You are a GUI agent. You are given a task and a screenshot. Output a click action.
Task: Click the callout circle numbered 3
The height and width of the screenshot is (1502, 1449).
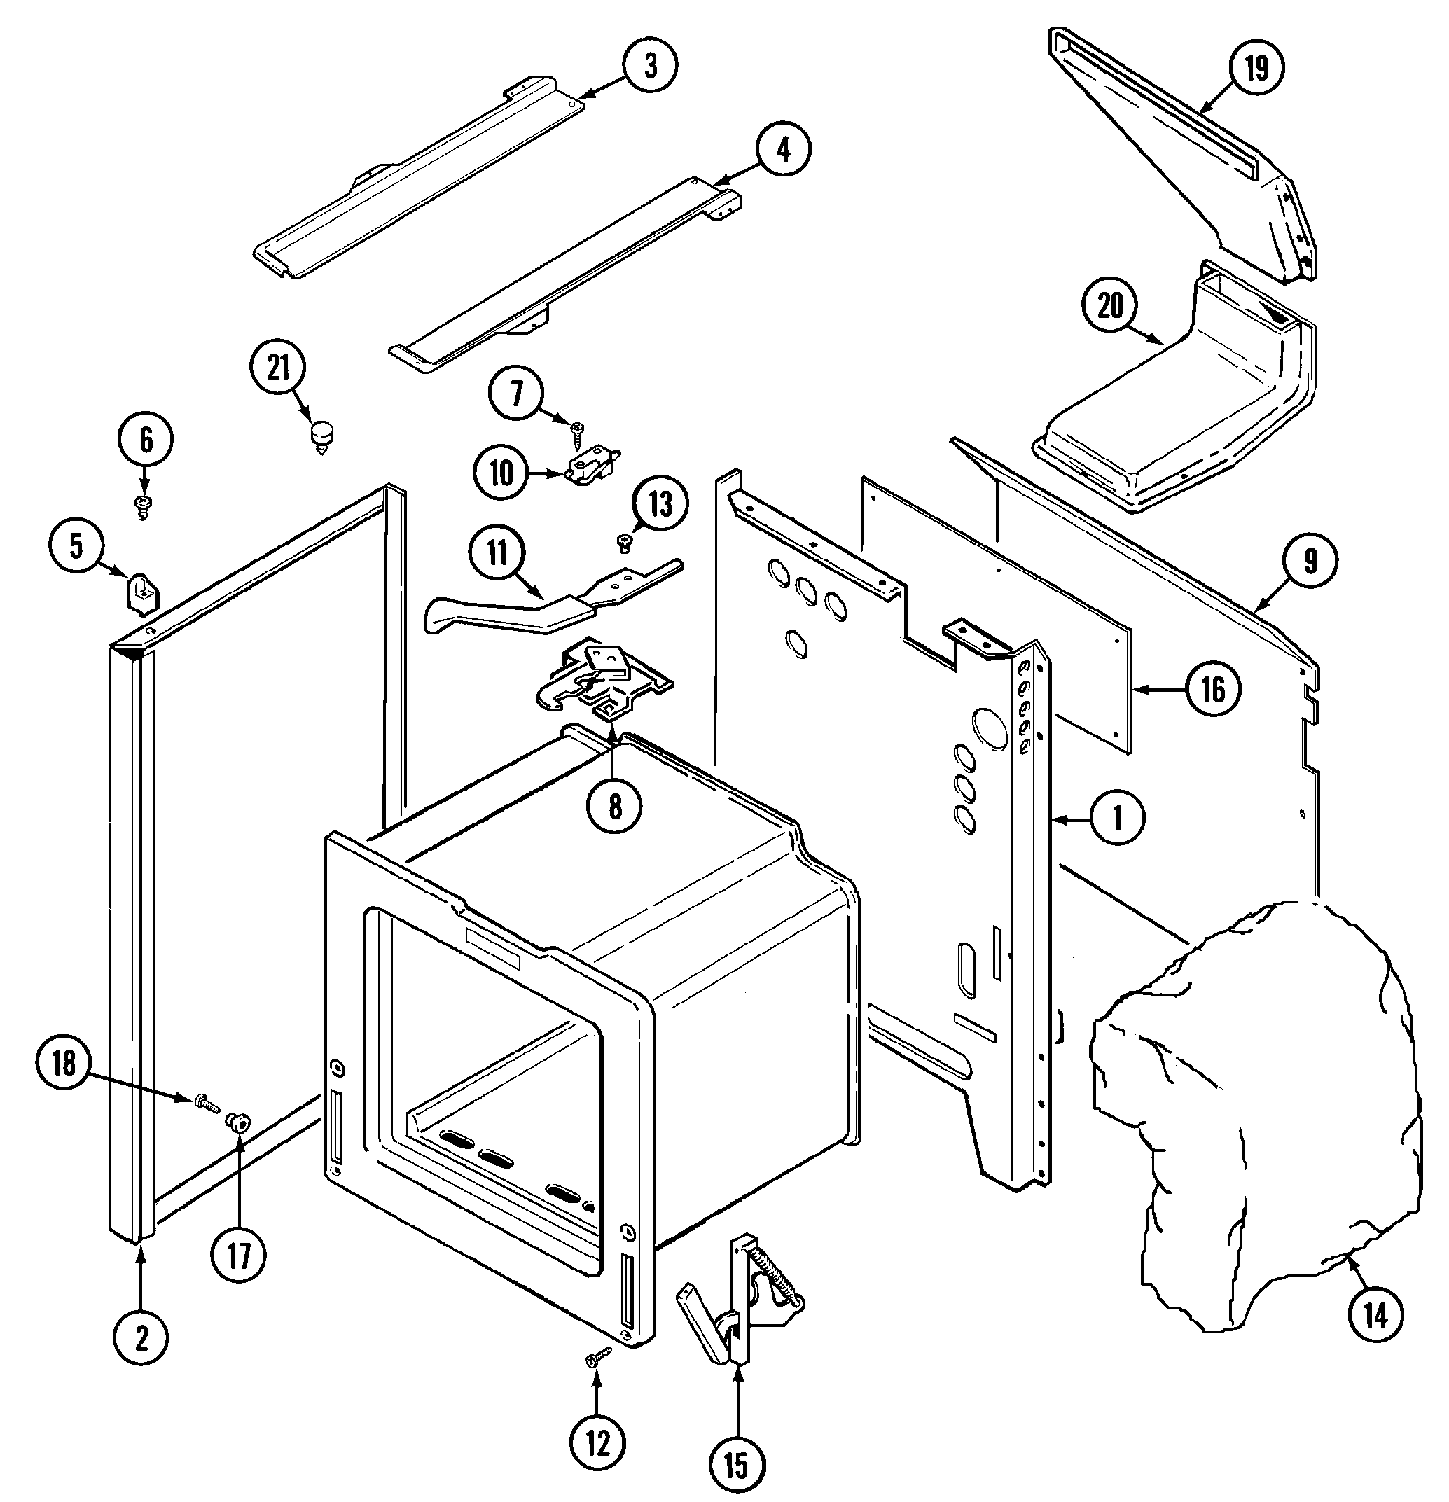(650, 66)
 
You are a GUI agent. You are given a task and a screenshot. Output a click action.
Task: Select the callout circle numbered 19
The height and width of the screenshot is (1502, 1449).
(1256, 68)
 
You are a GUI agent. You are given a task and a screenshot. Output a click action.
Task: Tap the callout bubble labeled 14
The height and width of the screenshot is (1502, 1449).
(1375, 1316)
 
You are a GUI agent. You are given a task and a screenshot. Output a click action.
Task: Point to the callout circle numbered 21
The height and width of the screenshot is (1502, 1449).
(278, 367)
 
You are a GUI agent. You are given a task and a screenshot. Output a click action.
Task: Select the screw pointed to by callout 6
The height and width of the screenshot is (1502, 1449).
(143, 505)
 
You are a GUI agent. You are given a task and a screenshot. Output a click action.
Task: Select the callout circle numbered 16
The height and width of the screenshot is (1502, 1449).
(1213, 690)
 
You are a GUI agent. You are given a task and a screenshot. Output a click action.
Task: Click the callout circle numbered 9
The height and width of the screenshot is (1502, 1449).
(1310, 562)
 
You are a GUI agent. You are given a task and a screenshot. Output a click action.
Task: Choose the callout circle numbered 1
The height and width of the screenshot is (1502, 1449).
(1117, 819)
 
